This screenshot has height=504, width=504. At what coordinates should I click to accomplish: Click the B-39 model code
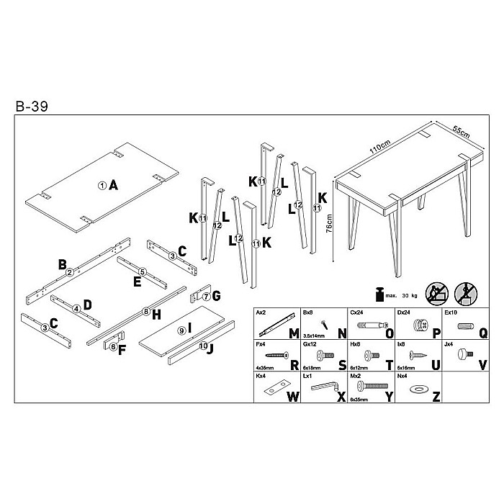(31, 107)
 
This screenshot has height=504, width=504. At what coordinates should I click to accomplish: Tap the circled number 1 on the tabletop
(103, 185)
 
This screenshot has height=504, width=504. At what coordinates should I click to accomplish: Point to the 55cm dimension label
(462, 131)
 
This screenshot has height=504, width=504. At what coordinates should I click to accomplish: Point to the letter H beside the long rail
(156, 312)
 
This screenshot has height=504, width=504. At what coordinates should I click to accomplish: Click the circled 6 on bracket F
(113, 346)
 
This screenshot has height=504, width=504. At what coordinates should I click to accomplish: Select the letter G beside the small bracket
(216, 295)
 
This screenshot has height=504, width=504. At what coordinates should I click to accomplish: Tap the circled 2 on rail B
(70, 271)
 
